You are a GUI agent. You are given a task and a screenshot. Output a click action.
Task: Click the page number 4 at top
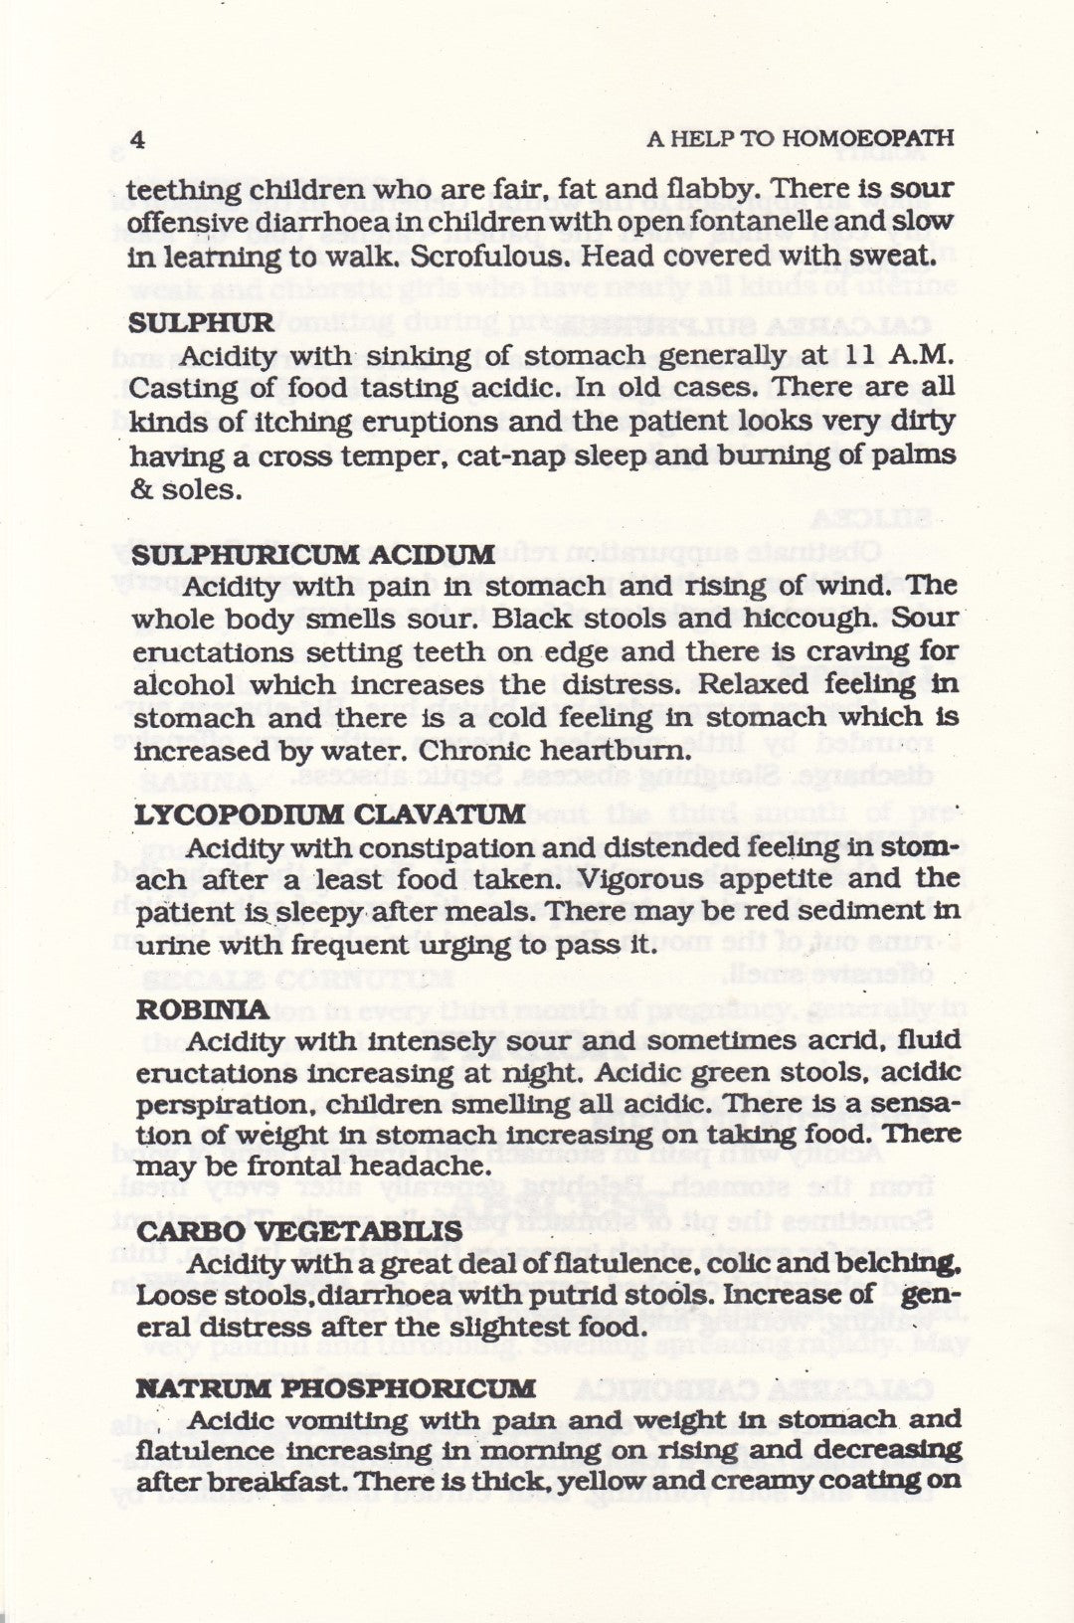(137, 138)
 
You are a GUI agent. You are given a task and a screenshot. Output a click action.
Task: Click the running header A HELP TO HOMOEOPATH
(800, 138)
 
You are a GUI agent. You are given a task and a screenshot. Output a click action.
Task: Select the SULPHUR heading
(200, 322)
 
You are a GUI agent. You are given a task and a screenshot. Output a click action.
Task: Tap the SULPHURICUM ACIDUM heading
(312, 554)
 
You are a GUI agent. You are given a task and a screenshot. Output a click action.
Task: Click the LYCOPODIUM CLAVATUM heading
(329, 814)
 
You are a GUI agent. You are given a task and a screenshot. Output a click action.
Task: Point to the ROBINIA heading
(202, 1009)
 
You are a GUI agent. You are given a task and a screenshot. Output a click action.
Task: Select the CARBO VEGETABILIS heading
(298, 1231)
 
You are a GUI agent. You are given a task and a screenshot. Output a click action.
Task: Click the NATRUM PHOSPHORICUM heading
(334, 1387)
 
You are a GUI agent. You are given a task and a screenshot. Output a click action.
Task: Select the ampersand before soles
(139, 490)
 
